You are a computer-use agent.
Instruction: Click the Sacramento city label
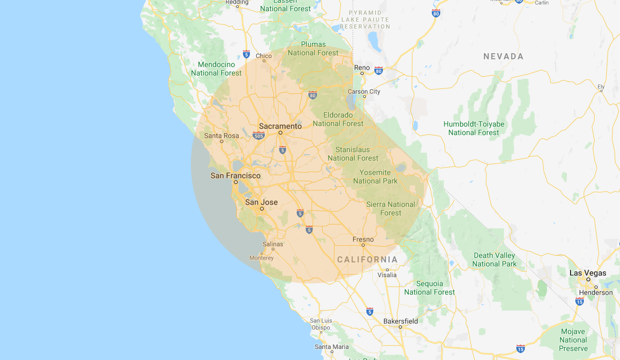(280, 126)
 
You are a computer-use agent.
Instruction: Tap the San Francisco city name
(236, 175)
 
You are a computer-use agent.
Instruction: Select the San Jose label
(261, 202)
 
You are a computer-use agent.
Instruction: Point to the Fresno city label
(363, 239)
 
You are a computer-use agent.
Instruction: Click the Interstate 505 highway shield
(259, 136)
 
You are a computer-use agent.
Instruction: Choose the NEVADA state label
(503, 56)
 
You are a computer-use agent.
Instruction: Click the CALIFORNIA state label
(367, 259)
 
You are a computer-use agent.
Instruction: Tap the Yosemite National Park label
(375, 177)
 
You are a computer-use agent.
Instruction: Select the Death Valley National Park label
(494, 259)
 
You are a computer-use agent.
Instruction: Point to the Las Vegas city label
(588, 273)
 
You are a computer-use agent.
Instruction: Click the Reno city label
(362, 68)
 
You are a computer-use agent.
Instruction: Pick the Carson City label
(364, 91)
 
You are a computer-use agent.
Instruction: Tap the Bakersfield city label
(400, 321)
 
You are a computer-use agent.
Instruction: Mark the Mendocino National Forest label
(216, 69)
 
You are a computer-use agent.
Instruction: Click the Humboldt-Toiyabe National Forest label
(474, 128)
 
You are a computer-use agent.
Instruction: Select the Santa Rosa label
(222, 136)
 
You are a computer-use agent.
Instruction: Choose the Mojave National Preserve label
(573, 340)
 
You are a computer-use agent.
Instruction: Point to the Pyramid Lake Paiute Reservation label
(365, 19)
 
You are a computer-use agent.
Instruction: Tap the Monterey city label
(261, 258)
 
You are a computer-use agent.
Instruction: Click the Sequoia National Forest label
(429, 288)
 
